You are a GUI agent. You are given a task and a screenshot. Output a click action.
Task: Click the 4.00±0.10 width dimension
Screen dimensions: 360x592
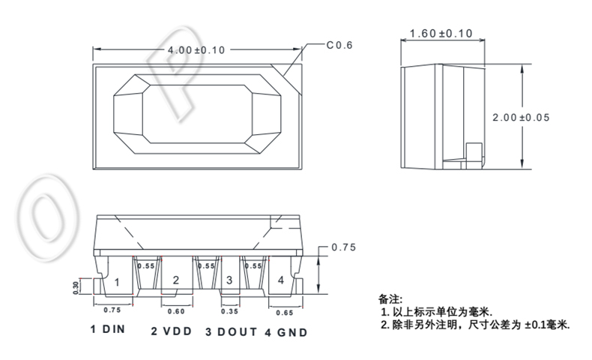point(196,49)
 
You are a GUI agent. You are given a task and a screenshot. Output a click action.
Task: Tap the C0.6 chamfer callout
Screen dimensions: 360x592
point(339,45)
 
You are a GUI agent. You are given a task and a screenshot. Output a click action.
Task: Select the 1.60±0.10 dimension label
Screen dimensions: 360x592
point(441,34)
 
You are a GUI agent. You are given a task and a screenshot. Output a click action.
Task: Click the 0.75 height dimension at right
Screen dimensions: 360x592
point(343,247)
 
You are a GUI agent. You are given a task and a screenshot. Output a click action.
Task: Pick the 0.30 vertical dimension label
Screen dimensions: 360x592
point(76,287)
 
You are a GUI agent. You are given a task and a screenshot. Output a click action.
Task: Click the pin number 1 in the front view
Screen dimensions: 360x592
point(117,283)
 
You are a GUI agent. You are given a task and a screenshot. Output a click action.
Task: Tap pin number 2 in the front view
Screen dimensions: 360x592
point(175,281)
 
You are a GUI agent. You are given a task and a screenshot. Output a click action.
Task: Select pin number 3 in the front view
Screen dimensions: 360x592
point(229,280)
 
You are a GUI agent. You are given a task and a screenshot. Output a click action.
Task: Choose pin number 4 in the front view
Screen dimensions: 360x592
point(280,280)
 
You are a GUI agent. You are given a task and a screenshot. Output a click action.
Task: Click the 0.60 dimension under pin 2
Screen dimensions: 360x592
point(177,311)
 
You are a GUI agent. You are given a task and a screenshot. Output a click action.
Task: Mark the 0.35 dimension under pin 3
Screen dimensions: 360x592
point(230,311)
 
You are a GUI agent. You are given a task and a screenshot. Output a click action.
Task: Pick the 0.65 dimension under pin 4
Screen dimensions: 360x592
point(285,311)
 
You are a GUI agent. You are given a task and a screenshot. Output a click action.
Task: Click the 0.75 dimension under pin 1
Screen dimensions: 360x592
point(112,309)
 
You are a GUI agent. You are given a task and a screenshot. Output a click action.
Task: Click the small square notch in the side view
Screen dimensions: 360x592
point(474,151)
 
